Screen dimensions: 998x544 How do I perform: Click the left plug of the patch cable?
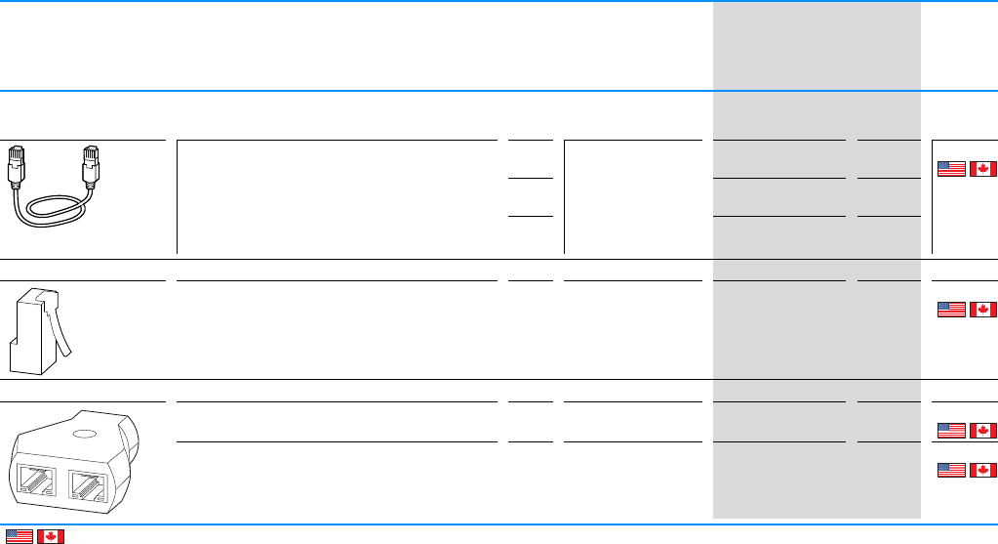pos(18,164)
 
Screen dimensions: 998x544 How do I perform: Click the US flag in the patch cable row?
pos(951,168)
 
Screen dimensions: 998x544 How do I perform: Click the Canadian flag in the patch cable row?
pos(983,168)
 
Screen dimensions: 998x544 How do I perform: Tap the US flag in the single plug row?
pos(951,310)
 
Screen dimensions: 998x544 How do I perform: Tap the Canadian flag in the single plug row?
pos(983,310)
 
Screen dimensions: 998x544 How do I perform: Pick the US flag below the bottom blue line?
pos(19,536)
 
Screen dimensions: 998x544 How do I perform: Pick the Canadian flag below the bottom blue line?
pos(51,536)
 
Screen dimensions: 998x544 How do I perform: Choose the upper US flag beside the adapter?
pos(951,430)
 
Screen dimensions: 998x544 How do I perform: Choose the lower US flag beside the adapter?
pos(951,469)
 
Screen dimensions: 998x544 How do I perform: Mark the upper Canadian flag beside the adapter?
pos(983,430)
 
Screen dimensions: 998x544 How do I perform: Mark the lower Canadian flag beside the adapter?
pos(983,469)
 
